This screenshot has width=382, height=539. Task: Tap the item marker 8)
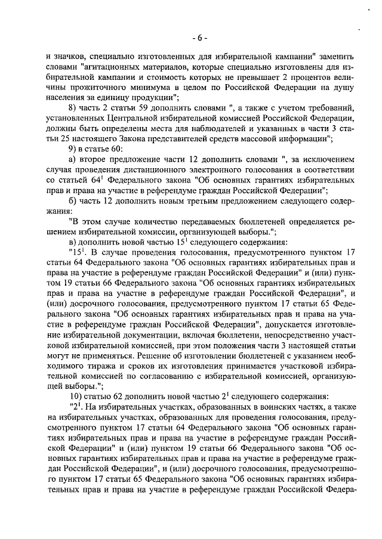pyautogui.click(x=73, y=108)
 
